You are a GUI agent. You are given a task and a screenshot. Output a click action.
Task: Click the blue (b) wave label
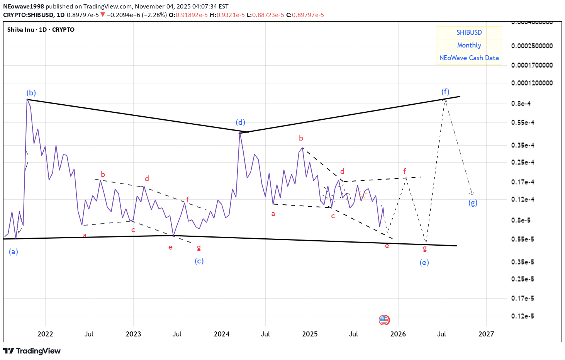point(31,93)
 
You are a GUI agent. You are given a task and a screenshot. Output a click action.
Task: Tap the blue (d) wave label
point(240,122)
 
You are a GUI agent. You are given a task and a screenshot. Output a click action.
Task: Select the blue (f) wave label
point(445,92)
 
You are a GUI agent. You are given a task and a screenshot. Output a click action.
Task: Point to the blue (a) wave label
point(14,252)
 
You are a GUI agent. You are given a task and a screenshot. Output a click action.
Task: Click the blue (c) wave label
point(199,261)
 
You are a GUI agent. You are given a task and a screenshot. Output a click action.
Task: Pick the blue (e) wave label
point(424,263)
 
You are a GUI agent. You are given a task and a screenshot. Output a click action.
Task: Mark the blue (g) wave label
point(473,202)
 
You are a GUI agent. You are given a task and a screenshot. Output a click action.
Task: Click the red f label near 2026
point(404,171)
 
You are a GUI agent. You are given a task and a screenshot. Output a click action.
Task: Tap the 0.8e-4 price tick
point(521,104)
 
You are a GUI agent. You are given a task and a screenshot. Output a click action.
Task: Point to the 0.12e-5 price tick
point(523,316)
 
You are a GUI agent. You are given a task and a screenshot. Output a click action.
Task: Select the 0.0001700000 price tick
point(532,65)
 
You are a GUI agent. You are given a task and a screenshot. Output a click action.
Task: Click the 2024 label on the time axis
point(221,334)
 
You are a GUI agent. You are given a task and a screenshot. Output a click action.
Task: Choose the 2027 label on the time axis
point(486,334)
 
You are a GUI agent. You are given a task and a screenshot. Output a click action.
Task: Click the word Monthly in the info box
point(469,45)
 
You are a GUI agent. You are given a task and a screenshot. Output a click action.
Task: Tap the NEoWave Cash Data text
point(469,58)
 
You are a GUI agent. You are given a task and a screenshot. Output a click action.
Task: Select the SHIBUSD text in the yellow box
point(469,32)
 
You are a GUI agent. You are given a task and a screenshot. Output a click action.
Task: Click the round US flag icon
point(384,320)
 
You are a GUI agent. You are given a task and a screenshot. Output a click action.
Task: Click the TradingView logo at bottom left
point(32,351)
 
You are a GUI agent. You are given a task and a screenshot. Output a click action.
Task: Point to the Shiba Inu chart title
point(41,30)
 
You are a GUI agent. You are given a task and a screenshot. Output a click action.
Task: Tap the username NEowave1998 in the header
point(24,7)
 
